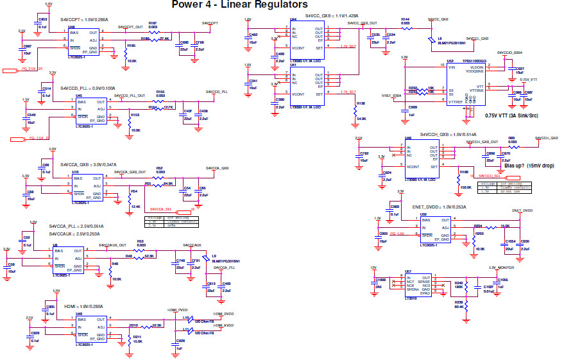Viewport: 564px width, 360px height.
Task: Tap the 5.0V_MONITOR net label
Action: [x=500, y=268]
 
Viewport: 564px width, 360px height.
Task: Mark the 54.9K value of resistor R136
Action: [x=361, y=119]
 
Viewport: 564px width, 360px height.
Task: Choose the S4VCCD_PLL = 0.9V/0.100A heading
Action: [x=88, y=88]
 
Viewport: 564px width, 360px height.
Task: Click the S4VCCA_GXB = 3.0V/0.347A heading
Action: [x=88, y=164]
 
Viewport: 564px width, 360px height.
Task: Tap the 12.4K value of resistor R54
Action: [x=135, y=207]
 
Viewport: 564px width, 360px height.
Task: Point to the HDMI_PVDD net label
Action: [x=177, y=309]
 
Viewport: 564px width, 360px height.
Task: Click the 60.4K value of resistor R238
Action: [x=459, y=306]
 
